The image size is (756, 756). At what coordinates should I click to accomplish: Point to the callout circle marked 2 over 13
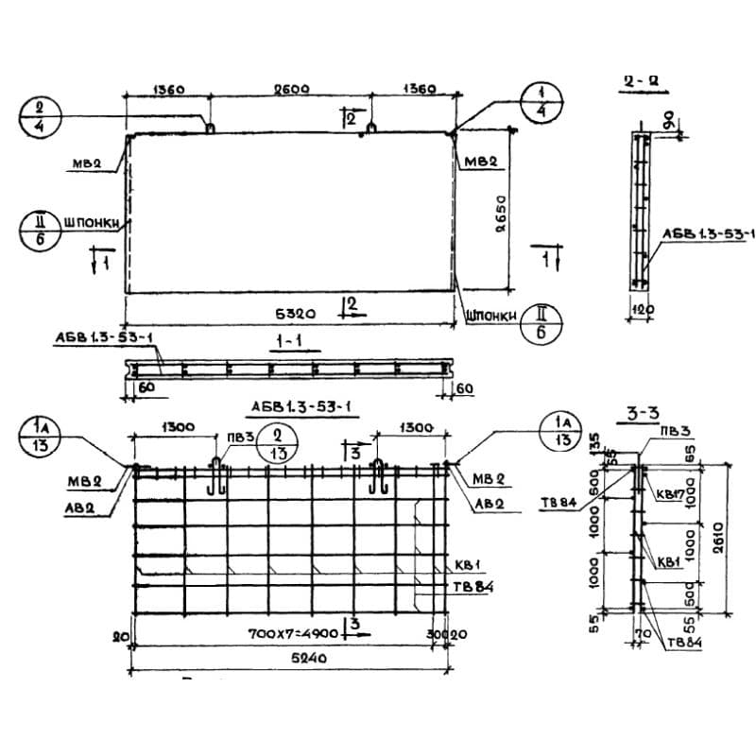click(275, 440)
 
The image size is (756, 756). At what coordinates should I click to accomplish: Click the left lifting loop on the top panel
click(209, 126)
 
